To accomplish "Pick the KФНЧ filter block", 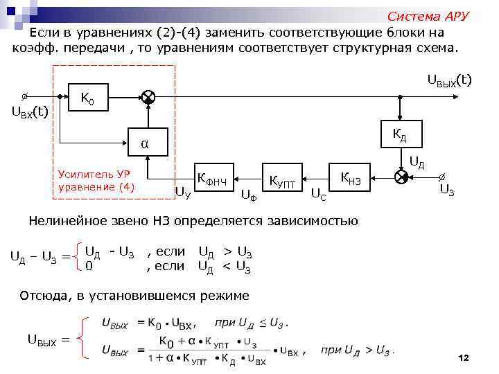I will (x=217, y=177).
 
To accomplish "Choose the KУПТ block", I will (x=282, y=181).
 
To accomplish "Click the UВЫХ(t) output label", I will (x=448, y=81).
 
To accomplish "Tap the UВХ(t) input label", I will (x=30, y=112).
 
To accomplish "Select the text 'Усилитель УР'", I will (x=89, y=175).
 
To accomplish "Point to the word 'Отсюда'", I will (x=44, y=296).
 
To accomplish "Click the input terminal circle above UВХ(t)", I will (x=25, y=96).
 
